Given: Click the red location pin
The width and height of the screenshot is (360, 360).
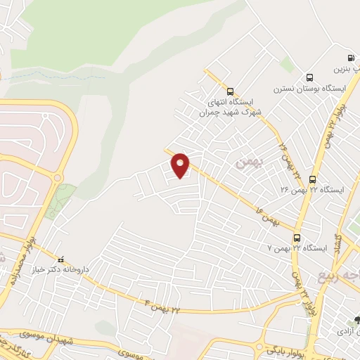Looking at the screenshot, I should coord(181,165).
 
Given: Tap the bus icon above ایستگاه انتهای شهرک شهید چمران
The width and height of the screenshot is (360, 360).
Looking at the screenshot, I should coord(230,91).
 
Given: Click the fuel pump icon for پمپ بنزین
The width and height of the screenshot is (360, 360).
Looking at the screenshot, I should coord(350,58).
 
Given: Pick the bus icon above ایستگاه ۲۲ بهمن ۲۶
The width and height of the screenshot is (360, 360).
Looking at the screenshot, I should coord(312,179).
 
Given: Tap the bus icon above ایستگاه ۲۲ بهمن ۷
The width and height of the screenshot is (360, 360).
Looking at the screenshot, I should coord(297,238).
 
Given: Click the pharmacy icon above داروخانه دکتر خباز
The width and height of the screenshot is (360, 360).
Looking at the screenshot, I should coord(61,258).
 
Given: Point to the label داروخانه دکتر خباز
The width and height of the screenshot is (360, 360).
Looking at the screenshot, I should coord(61,269).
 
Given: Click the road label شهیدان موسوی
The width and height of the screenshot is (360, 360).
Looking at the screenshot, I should coord(84,340).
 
